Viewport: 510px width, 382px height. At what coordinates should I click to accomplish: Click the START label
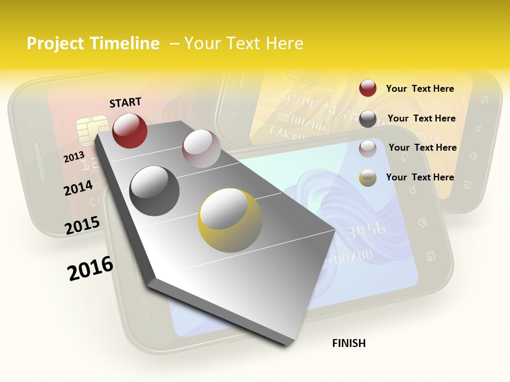pos(125,102)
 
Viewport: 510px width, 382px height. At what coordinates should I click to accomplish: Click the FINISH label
pos(348,343)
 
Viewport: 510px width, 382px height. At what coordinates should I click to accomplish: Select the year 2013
pos(74,158)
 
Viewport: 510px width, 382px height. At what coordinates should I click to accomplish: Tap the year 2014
pos(79,188)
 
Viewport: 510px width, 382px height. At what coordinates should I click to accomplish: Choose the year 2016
pos(90,268)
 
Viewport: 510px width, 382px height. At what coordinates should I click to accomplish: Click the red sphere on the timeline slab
pos(130,131)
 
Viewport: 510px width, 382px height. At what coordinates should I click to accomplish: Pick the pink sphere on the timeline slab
pos(201,149)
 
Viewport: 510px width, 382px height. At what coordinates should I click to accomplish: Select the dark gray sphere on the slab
pos(155,190)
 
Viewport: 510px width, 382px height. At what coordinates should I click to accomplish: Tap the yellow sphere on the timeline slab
pos(230,220)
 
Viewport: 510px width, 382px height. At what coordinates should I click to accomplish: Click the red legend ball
pos(368,89)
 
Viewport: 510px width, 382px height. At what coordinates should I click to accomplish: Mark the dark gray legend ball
pos(368,119)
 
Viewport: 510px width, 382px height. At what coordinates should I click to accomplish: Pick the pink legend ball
pos(368,148)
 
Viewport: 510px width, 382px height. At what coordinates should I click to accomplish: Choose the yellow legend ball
pos(368,178)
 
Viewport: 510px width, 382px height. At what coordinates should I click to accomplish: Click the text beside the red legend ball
pos(420,89)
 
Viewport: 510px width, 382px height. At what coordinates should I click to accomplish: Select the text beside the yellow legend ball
pos(420,177)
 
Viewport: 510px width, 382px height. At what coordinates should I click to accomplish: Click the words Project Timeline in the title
pos(93,44)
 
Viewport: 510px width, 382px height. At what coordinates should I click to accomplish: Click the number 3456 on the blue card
pos(366,230)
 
